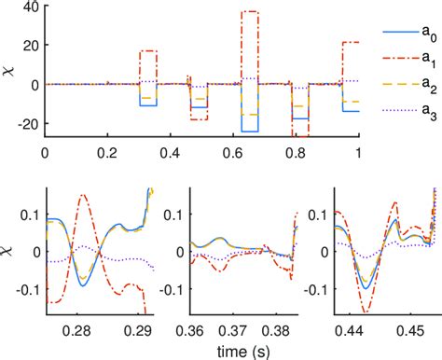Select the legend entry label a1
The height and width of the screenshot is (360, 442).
427,57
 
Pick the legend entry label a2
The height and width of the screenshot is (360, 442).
427,81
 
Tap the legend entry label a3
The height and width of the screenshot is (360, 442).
427,105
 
